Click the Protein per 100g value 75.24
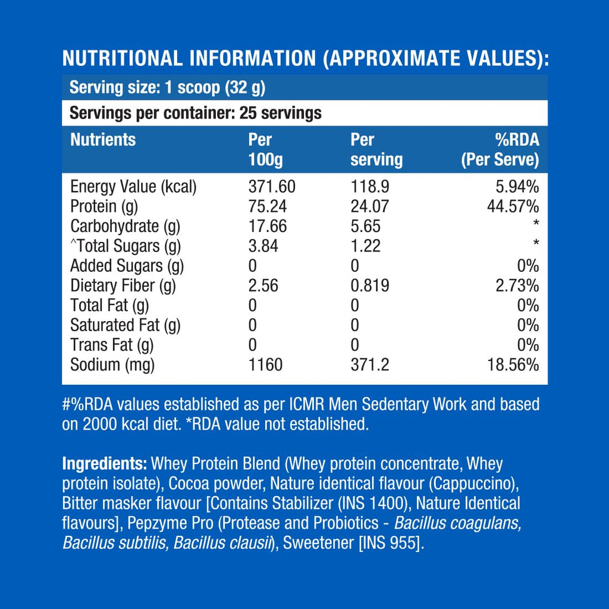click(x=268, y=206)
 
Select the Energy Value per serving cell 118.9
click(x=370, y=187)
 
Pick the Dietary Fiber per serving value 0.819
click(x=370, y=285)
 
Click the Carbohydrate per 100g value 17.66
click(x=268, y=226)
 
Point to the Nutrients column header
click(x=103, y=140)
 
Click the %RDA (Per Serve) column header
click(x=500, y=150)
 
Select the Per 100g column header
click(x=261, y=150)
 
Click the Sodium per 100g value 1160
click(x=265, y=365)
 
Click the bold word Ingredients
click(x=105, y=464)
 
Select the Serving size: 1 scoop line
click(x=167, y=88)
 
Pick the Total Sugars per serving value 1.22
click(x=366, y=246)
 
